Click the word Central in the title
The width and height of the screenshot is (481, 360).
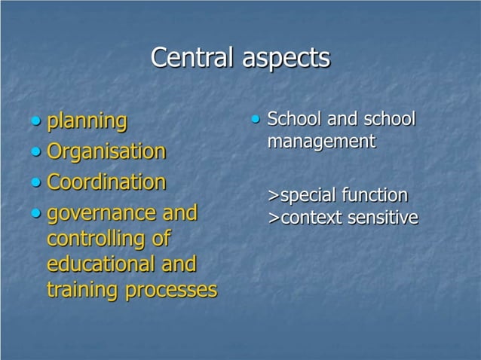click(193, 58)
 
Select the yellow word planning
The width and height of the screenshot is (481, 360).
click(87, 121)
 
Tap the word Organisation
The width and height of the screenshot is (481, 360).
click(106, 152)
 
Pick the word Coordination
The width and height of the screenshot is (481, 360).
click(106, 182)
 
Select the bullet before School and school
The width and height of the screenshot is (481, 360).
click(256, 118)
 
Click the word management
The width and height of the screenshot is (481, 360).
click(321, 141)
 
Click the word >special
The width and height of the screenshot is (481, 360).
click(301, 197)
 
